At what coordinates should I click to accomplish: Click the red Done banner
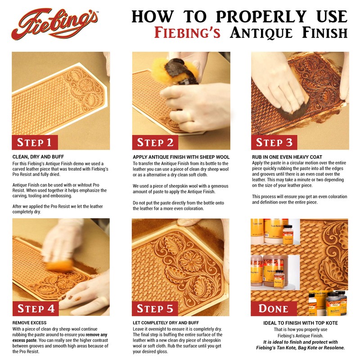[274, 309]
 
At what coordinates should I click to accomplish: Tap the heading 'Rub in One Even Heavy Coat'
[284, 157]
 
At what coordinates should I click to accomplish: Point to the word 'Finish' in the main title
[324, 33]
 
